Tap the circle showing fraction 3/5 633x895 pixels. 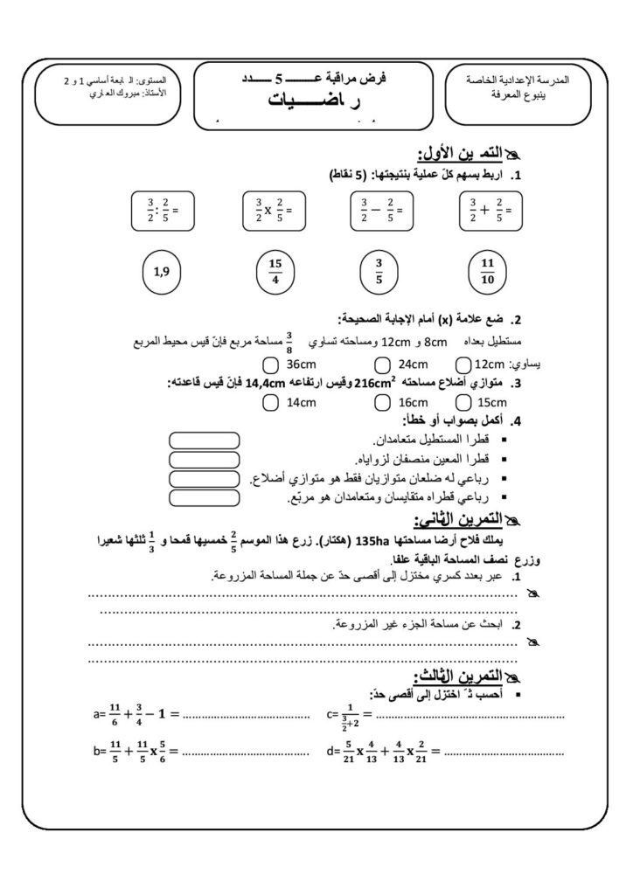(x=379, y=272)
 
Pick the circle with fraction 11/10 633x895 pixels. (x=487, y=272)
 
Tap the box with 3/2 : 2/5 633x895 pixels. (x=163, y=210)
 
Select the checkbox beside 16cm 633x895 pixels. (x=382, y=402)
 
